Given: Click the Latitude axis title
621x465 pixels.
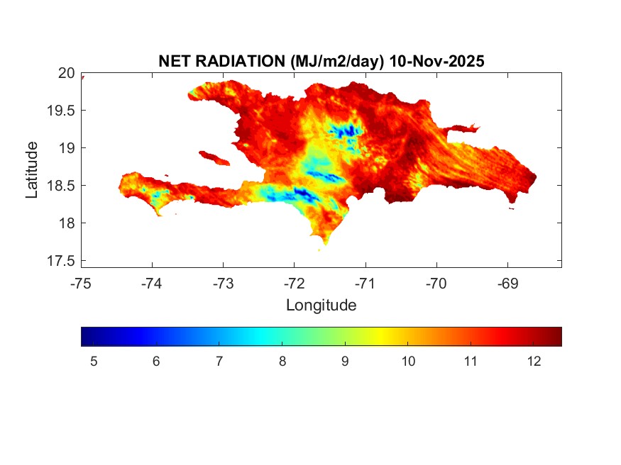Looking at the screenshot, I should click(x=32, y=169).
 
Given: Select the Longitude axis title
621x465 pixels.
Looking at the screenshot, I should click(x=321, y=306).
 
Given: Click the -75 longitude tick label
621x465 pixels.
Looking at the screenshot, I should click(x=81, y=284).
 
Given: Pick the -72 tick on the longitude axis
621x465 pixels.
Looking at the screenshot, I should click(x=294, y=284).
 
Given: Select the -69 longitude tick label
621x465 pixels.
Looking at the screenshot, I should click(x=507, y=284).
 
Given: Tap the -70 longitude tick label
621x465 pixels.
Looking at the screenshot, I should click(x=436, y=284).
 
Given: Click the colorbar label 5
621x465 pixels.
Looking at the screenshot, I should click(x=94, y=362).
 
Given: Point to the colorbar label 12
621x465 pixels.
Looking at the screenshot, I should click(x=534, y=362).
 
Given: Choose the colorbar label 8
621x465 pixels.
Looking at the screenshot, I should click(x=282, y=362).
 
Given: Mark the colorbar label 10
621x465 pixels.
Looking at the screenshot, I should click(x=408, y=362).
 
